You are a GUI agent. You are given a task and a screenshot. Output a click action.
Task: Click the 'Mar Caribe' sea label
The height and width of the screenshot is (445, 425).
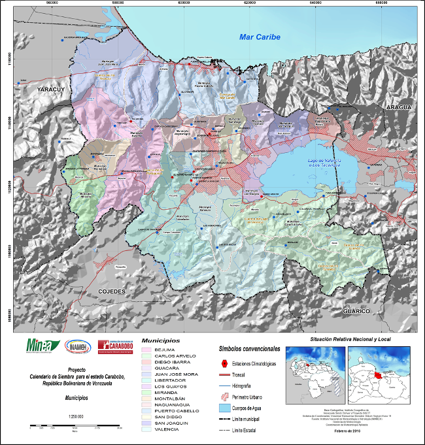(x=260, y=37)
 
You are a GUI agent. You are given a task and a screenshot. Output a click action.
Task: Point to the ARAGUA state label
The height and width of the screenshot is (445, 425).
(x=397, y=107)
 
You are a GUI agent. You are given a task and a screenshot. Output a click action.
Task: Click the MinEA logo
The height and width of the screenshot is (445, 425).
(x=41, y=346)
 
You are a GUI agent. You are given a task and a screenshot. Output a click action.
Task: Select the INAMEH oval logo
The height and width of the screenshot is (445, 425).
(x=78, y=346)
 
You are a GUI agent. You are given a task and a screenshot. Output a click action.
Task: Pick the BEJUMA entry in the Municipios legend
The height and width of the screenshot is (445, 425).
(x=165, y=350)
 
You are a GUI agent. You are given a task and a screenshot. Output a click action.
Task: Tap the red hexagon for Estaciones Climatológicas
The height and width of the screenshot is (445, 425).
(x=224, y=362)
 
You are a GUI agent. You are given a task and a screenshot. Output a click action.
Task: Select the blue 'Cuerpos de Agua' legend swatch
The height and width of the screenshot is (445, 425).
(x=224, y=406)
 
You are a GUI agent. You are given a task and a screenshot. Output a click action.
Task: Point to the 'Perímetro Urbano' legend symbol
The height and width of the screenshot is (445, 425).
(x=224, y=395)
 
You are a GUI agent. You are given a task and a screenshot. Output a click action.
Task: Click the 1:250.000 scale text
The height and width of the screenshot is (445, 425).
(x=76, y=416)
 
